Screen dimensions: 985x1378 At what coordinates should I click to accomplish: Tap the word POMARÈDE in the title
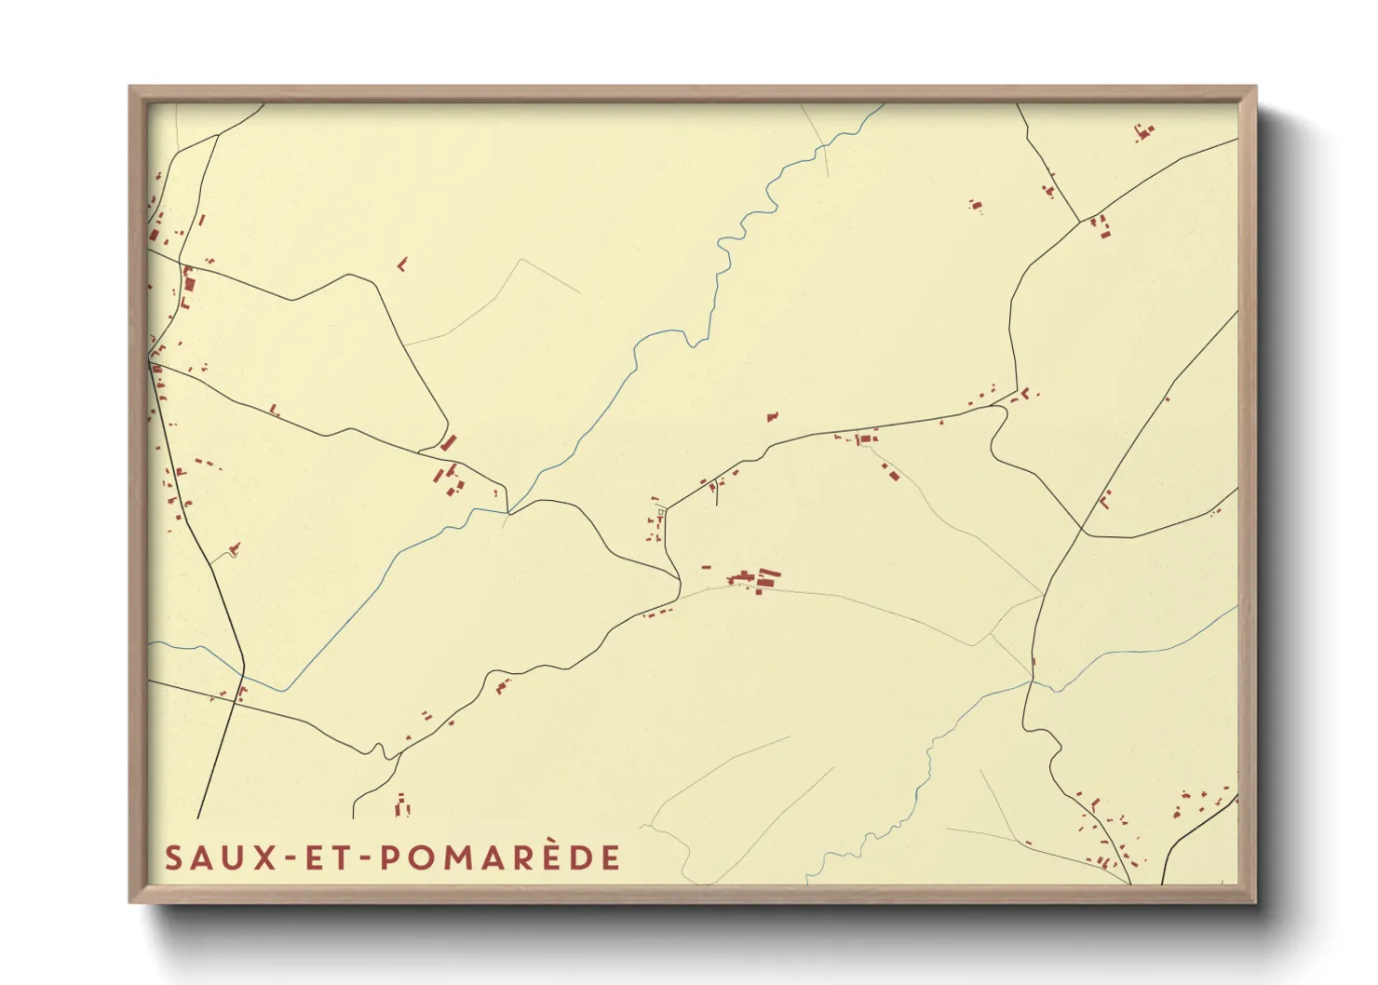(500, 857)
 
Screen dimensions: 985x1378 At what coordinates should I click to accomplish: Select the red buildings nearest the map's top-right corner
(1143, 132)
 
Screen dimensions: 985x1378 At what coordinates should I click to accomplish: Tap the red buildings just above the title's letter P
(402, 805)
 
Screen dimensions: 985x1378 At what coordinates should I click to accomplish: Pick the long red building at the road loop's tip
(449, 441)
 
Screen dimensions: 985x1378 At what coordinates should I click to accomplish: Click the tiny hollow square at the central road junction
(662, 511)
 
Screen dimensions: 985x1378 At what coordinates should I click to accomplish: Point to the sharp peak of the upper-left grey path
(520, 259)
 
